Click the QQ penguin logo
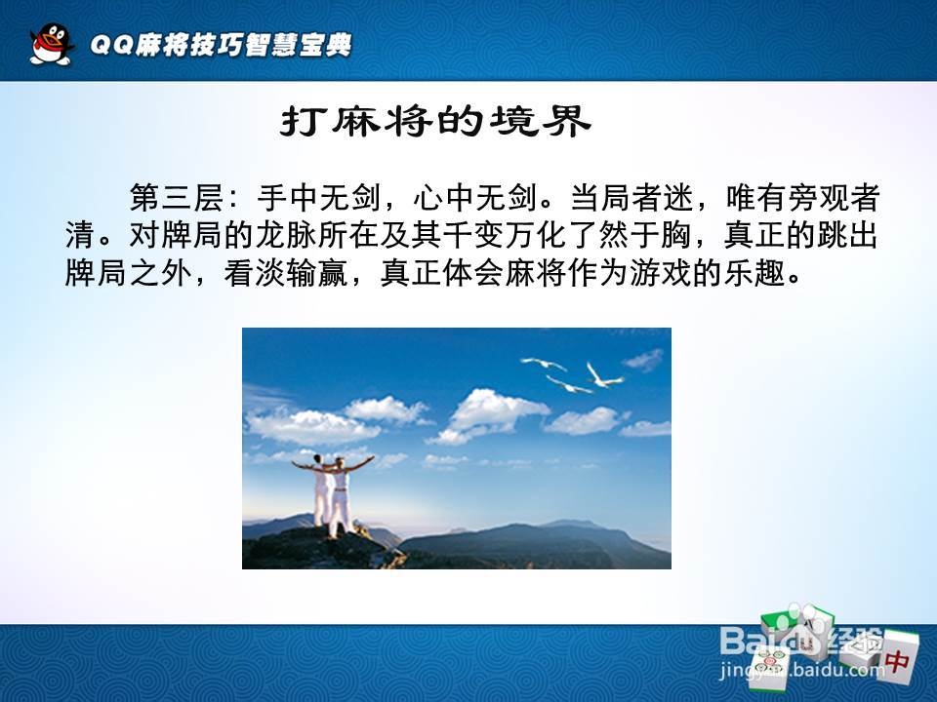[52, 44]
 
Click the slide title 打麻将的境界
[435, 122]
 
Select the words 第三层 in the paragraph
[177, 198]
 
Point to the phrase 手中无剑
[319, 198]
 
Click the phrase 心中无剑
[474, 198]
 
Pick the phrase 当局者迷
[631, 198]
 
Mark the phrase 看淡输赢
[286, 273]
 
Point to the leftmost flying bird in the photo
[544, 363]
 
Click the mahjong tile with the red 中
[897, 656]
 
